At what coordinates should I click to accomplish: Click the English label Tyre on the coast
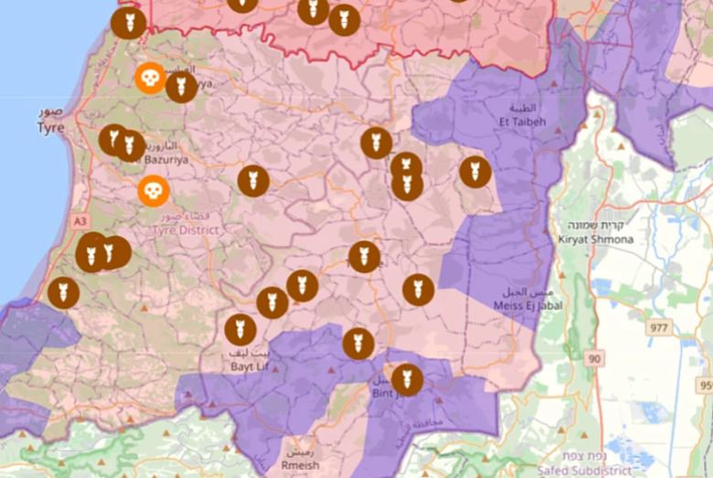coord(50,128)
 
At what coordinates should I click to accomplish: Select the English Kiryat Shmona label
coord(595,239)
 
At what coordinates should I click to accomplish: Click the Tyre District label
coord(186,230)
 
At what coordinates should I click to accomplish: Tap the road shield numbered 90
coord(595,359)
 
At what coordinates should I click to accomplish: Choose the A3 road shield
coord(80,221)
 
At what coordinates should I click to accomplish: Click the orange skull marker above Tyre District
coord(153,191)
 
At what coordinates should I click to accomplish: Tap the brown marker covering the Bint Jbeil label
coord(407,378)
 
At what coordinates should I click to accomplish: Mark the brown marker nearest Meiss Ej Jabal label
coord(418,290)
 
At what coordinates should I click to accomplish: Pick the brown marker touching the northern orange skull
coord(181,87)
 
